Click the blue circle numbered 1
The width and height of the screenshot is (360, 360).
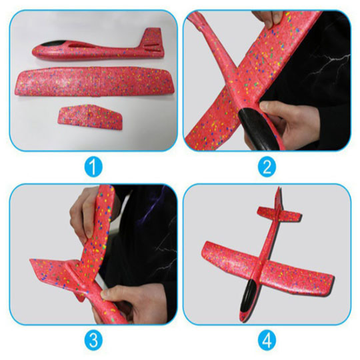(93, 167)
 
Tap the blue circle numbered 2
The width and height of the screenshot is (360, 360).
(267, 167)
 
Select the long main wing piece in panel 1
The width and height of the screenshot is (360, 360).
(93, 81)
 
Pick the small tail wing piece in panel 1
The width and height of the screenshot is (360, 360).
(90, 117)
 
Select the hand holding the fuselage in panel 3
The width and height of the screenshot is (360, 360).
(133, 302)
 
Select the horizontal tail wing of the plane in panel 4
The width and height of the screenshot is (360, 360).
(279, 214)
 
